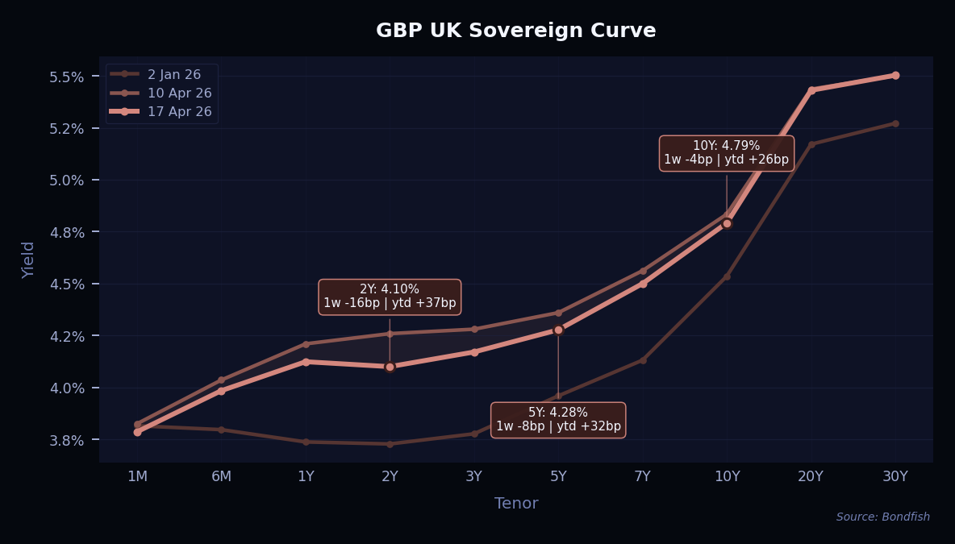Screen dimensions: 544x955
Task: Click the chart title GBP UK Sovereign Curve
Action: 515,31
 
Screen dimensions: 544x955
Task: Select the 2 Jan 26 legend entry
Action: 174,74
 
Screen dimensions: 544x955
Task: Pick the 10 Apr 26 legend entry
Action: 179,93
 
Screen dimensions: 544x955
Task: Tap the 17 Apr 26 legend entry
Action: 179,111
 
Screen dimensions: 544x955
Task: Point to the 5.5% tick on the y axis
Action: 67,77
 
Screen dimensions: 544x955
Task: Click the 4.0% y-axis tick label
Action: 67,388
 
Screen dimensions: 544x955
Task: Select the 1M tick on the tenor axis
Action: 138,476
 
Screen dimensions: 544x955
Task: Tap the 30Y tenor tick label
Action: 895,476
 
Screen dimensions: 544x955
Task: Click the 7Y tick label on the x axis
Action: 642,476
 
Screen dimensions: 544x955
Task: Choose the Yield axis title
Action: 29,260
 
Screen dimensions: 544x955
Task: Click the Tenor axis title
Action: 516,504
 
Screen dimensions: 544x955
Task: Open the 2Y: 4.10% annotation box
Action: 390,297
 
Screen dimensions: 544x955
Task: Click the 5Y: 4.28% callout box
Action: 558,420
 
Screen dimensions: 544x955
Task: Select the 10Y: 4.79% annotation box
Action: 726,153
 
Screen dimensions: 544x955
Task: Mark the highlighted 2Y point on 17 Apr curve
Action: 390,367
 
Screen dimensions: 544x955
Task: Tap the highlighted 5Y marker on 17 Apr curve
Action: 558,330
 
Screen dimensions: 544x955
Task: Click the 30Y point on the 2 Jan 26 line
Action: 895,123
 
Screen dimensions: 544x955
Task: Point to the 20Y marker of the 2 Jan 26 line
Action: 811,144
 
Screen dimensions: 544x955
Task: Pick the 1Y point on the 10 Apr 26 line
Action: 306,344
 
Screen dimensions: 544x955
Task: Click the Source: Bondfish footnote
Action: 882,517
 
